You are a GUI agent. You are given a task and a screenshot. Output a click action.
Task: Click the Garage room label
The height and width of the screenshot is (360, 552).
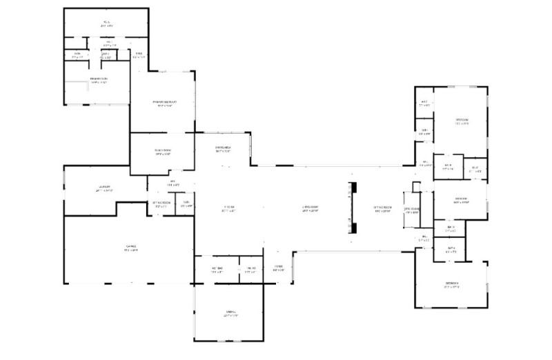click(130, 246)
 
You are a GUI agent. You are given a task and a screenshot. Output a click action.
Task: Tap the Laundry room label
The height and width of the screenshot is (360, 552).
click(104, 186)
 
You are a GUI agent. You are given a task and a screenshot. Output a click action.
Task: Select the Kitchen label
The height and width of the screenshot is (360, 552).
click(230, 207)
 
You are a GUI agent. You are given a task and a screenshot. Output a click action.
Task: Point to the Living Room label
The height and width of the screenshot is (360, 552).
click(310, 207)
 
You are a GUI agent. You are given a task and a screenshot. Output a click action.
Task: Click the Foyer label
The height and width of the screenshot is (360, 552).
click(278, 267)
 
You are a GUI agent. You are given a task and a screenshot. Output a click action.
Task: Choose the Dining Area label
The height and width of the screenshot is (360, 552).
click(223, 148)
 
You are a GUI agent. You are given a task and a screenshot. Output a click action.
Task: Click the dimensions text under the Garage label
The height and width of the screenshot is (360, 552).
click(130, 250)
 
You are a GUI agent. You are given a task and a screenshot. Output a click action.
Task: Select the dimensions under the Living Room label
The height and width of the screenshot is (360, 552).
click(310, 211)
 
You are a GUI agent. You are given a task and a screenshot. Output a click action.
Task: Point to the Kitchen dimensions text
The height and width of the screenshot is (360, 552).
click(230, 211)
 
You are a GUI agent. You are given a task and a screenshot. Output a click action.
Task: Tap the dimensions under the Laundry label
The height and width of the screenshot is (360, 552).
click(104, 190)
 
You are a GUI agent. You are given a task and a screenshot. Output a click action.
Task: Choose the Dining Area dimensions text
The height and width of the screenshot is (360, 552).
click(223, 152)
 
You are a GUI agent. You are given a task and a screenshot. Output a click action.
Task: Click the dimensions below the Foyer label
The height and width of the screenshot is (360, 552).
click(278, 271)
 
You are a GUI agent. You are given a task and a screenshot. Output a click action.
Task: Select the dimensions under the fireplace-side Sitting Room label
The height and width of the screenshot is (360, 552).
click(382, 211)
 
